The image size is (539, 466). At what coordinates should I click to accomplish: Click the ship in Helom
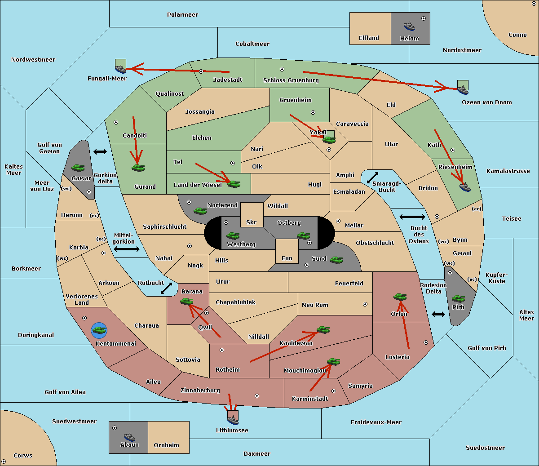point(409,26)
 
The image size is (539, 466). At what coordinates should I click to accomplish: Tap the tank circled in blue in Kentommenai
point(99,330)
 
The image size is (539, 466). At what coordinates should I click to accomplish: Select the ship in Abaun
point(130,437)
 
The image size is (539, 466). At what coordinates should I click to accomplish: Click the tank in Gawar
point(78,168)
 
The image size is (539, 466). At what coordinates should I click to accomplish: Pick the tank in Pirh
point(458,298)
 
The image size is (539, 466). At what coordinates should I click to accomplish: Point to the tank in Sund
point(336,260)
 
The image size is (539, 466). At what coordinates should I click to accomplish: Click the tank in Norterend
point(200,211)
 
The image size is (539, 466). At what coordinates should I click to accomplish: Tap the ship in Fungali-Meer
point(120,68)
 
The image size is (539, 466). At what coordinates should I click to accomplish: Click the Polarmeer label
point(182,15)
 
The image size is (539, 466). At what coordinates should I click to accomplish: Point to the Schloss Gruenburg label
point(291,80)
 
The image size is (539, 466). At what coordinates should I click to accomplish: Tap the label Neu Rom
point(315,305)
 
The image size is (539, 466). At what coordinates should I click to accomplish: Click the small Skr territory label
point(251,222)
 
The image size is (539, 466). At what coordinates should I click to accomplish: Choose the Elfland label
point(369,38)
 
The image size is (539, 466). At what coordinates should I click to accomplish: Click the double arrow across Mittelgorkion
point(127,249)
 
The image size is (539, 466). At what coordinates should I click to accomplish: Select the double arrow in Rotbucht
point(166,288)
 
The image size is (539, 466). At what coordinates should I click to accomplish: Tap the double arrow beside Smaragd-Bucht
point(372,178)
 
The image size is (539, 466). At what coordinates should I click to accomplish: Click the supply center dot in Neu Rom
point(365,304)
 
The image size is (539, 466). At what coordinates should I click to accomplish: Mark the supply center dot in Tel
point(233,163)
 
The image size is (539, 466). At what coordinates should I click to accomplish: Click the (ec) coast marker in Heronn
point(94,216)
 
